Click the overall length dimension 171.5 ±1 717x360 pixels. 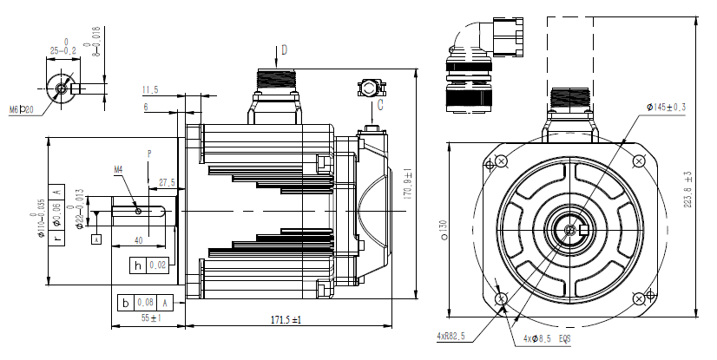286,320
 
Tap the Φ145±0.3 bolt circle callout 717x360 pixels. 666,107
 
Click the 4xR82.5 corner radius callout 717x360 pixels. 451,336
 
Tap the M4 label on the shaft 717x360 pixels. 119,169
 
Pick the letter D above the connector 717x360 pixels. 284,49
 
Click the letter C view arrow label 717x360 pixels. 379,108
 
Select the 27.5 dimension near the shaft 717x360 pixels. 167,182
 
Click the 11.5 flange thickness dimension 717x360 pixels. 150,89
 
